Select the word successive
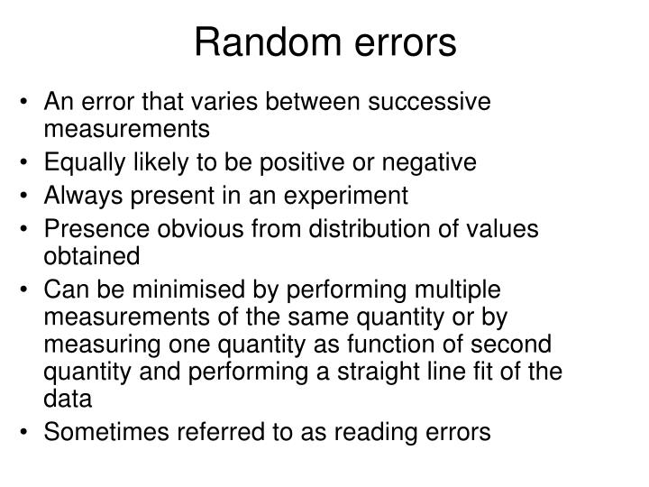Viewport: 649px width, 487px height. [431, 101]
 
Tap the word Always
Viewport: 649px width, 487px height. [78, 195]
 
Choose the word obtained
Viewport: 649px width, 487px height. [92, 256]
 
